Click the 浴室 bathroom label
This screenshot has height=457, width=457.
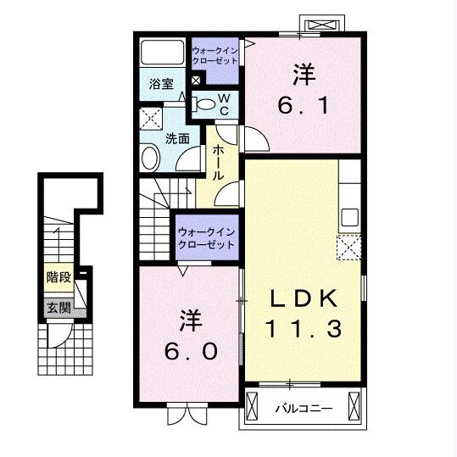[161, 84]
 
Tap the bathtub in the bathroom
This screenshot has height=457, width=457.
[162, 53]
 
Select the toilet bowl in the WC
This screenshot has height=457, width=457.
[205, 104]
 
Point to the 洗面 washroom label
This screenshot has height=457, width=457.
[177, 139]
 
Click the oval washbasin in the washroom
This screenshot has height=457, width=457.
[150, 158]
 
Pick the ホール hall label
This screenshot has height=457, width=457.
[218, 163]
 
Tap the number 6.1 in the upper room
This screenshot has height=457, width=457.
[304, 105]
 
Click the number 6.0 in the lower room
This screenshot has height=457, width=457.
[191, 351]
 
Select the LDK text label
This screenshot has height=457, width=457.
[304, 298]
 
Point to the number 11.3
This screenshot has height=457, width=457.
[304, 328]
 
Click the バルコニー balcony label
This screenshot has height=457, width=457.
[304, 409]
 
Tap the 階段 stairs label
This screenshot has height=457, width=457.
[59, 277]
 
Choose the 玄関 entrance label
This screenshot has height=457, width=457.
[59, 308]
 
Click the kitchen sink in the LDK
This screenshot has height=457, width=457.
[349, 217]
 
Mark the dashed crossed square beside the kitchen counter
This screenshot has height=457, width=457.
[349, 248]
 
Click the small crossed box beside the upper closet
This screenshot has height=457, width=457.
[196, 81]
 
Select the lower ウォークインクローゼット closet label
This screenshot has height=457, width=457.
[207, 239]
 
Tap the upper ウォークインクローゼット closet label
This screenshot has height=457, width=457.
[215, 56]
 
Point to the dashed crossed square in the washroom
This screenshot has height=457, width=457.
[151, 119]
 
